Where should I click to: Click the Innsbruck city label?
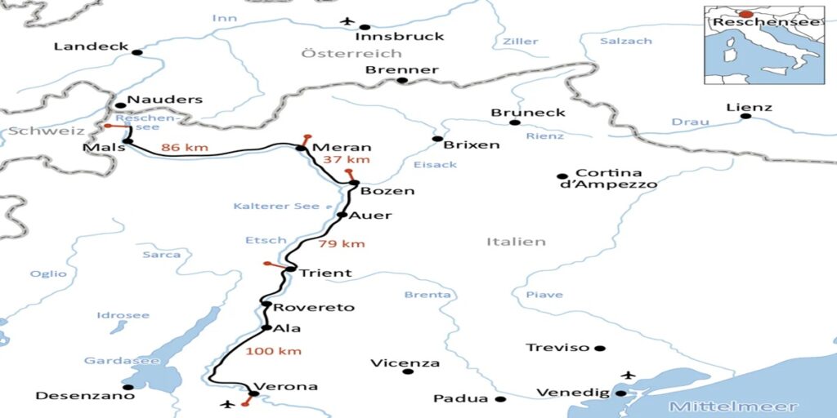pyautogui.click(x=400, y=36)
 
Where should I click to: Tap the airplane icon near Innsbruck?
pyautogui.click(x=347, y=20)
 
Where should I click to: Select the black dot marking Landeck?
pyautogui.click(x=137, y=53)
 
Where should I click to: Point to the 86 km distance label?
pyautogui.click(x=185, y=148)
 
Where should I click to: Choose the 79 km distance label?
pyautogui.click(x=342, y=243)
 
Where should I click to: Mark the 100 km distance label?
pyautogui.click(x=273, y=351)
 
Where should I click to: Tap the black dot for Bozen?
pyautogui.click(x=355, y=183)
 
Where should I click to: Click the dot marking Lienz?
pyautogui.click(x=745, y=116)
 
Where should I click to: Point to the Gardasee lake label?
pyautogui.click(x=110, y=361)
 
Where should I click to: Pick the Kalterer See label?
pyautogui.click(x=276, y=206)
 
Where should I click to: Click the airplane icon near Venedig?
pyautogui.click(x=628, y=375)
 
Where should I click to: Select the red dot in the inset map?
pyautogui.click(x=746, y=14)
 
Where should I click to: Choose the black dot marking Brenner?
pyautogui.click(x=401, y=81)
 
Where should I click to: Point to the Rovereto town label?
pyautogui.click(x=314, y=308)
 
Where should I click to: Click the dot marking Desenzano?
pyautogui.click(x=128, y=387)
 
